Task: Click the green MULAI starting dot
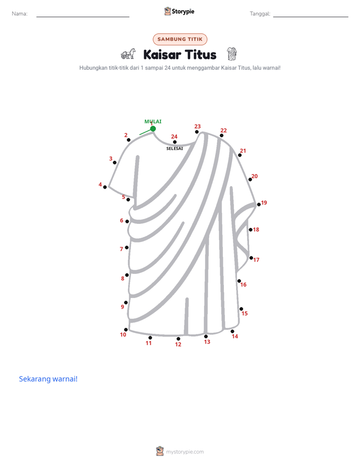tap(153, 129)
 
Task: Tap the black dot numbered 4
tap(105, 187)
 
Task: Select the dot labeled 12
tap(178, 339)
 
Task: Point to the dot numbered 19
tap(259, 204)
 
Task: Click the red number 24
tap(174, 136)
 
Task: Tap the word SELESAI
tap(174, 148)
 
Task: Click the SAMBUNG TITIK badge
tap(180, 39)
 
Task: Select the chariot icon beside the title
tap(128, 54)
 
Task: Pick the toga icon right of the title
tap(232, 54)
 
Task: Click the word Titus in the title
tap(201, 54)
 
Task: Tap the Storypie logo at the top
tap(179, 11)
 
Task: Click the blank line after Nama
tap(83, 17)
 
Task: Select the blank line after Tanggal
tap(311, 17)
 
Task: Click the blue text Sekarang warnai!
tap(48, 379)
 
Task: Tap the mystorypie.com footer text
tap(185, 452)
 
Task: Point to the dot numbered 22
tap(221, 136)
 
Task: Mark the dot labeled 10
tap(126, 330)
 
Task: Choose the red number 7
tap(121, 249)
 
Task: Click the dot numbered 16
tap(239, 281)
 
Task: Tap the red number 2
tap(126, 135)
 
